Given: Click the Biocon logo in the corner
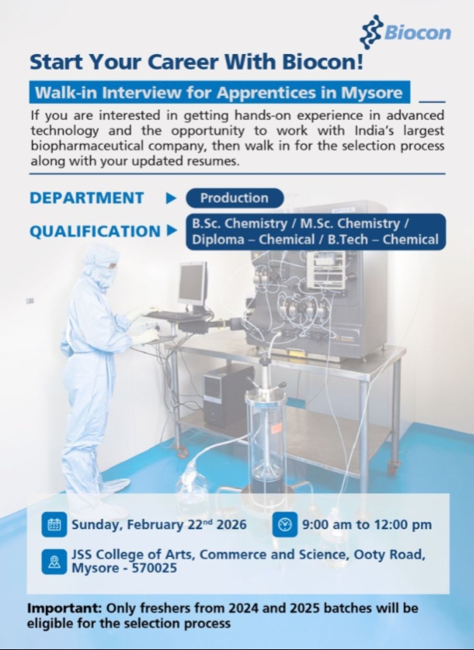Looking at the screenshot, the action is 405,32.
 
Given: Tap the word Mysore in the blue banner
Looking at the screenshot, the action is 372,92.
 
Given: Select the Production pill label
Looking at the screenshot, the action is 235,198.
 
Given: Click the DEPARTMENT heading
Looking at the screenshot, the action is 87,198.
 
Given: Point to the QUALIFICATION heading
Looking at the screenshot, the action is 95,231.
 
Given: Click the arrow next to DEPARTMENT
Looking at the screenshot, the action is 171,198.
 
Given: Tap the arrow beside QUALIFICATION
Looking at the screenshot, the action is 172,231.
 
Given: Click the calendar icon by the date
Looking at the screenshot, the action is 54,524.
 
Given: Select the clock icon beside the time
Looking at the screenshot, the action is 285,524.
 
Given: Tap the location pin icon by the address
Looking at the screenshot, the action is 54,561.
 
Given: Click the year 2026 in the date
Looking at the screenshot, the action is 232,524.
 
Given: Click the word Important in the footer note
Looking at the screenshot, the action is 64,608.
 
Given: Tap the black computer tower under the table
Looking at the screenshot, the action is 229,395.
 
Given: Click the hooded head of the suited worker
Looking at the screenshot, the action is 101,264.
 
